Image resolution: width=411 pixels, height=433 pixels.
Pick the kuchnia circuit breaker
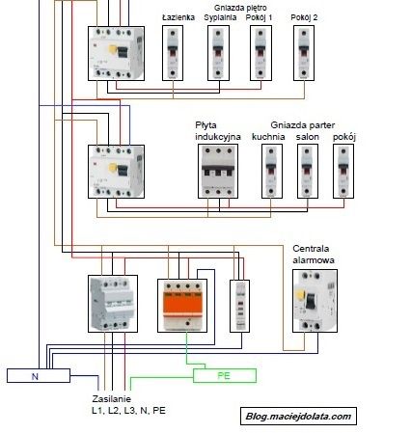tap(267, 174)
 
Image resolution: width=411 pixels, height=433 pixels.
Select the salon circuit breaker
tap(307, 174)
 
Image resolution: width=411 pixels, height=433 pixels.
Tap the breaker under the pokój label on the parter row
tap(343, 174)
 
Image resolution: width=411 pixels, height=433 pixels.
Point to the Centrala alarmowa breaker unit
tap(315, 301)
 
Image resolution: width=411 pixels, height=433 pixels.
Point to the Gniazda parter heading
tap(303, 125)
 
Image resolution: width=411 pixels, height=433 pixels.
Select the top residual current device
tap(115, 53)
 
